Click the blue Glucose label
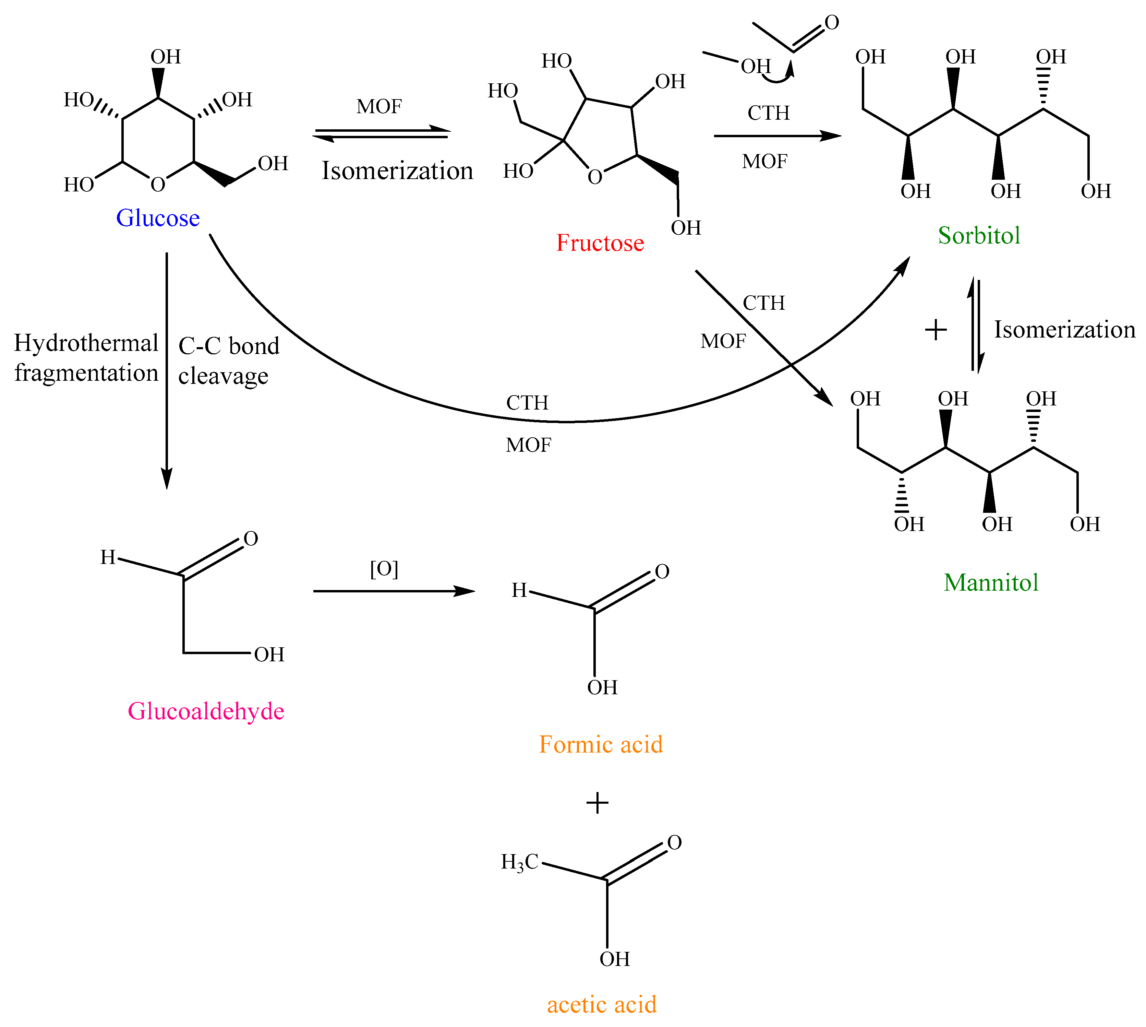(158, 218)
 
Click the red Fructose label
(600, 243)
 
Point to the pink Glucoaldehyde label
(206, 711)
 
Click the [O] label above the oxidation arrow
(384, 568)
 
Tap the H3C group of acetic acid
(519, 862)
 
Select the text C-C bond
(228, 346)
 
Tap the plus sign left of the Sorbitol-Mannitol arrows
(936, 330)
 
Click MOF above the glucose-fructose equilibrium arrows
(379, 106)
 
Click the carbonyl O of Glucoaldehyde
(251, 538)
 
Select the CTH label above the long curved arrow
(527, 402)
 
